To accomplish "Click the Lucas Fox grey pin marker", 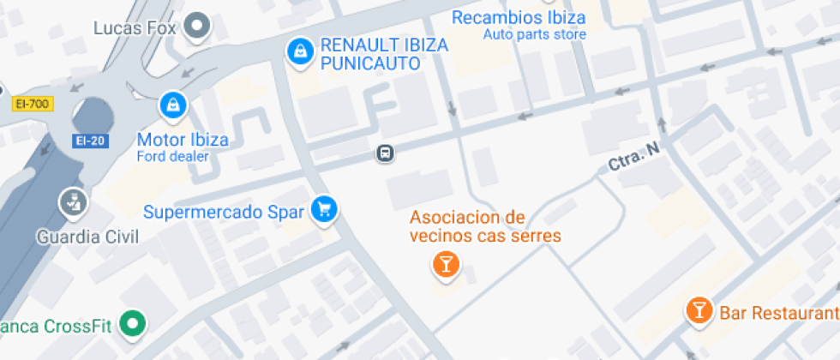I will (x=199, y=27).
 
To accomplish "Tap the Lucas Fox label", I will (x=134, y=27).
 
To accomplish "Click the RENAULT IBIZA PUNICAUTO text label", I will (x=383, y=55).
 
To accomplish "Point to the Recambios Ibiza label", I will (x=519, y=17).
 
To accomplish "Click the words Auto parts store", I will (x=535, y=35).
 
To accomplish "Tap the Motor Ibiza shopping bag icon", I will (x=173, y=105).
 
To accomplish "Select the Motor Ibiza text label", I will (x=183, y=140).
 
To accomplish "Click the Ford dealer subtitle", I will (x=172, y=156).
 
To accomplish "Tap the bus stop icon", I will (x=386, y=153).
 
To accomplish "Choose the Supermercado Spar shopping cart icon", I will (x=324, y=208).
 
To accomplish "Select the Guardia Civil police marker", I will (x=73, y=203).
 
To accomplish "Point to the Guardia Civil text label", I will (x=87, y=236).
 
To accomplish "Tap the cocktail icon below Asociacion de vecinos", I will (x=445, y=264).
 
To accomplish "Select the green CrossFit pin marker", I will (x=133, y=324).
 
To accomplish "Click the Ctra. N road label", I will (x=634, y=157).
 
